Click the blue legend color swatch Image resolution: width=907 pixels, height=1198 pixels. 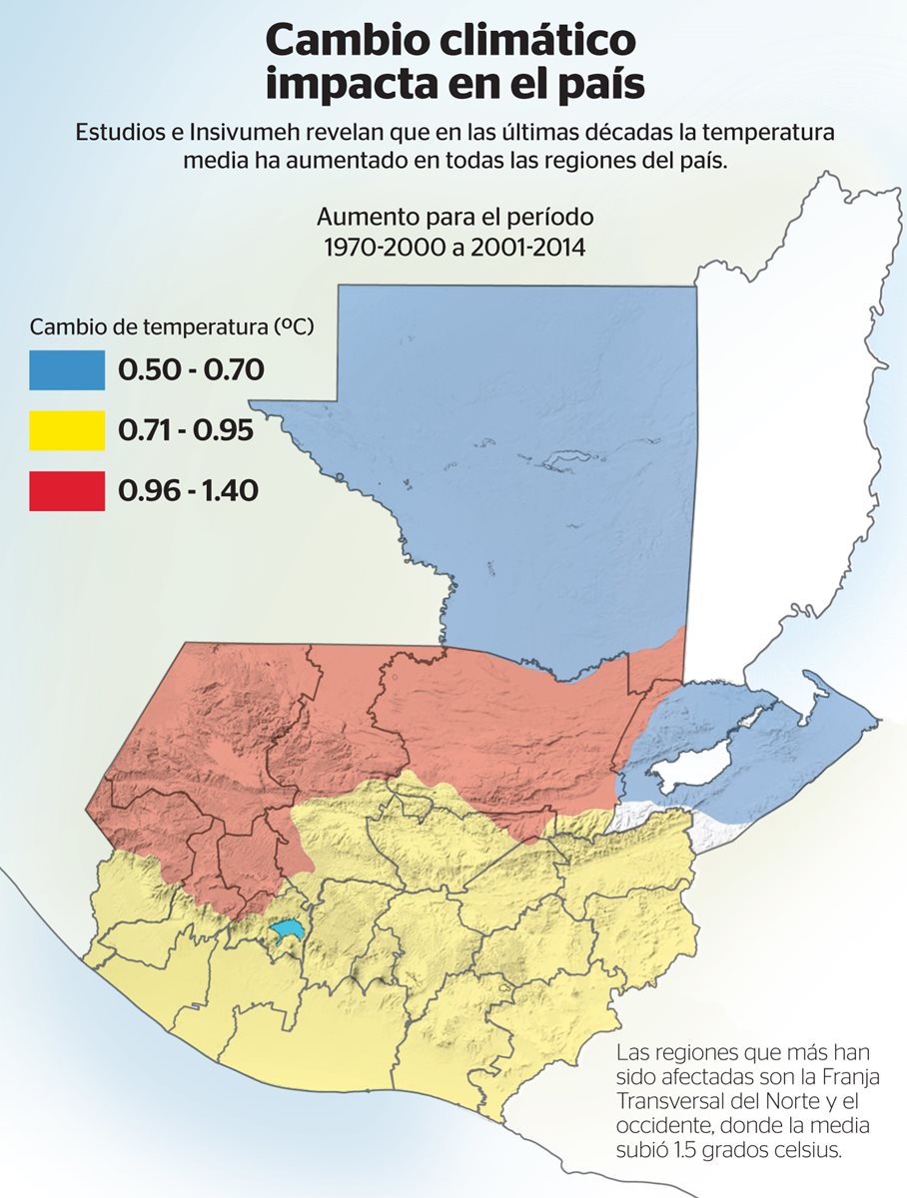(x=67, y=370)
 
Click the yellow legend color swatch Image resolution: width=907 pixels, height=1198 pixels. (x=67, y=430)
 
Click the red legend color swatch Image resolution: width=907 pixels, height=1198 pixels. (x=67, y=491)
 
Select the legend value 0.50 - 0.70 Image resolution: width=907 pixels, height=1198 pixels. (x=191, y=370)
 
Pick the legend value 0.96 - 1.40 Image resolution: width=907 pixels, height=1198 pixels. (x=189, y=491)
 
